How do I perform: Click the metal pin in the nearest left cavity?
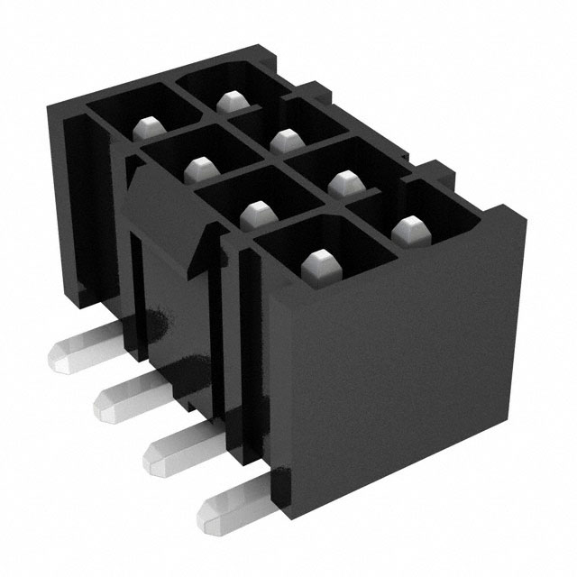coord(317,263)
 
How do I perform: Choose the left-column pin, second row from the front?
coord(256,213)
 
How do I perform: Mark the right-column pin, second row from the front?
coord(343,182)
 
